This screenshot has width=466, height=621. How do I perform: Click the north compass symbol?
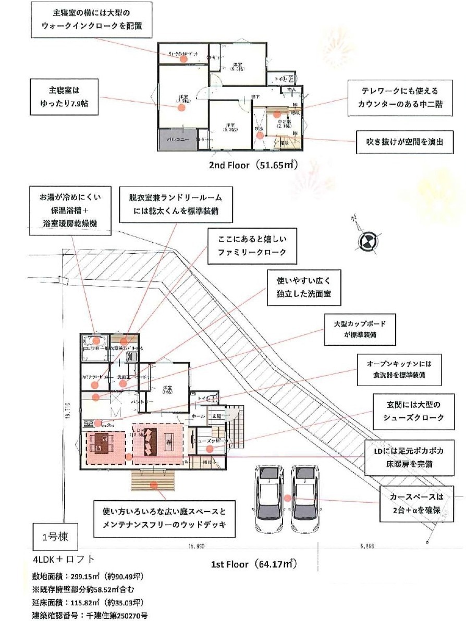[366, 240]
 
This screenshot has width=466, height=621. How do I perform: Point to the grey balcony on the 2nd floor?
[177, 139]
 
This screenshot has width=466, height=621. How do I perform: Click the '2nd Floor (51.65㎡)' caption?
[253, 165]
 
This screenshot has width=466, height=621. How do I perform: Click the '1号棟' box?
[52, 535]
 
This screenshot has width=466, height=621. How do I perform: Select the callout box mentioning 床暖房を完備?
[407, 456]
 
